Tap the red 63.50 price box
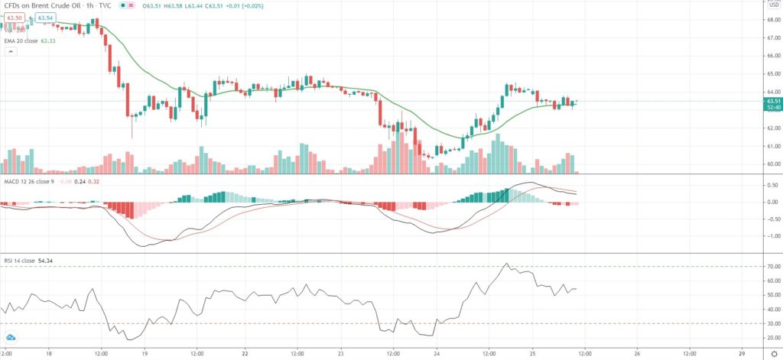14,17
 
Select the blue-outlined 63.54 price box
44,17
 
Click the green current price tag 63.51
772,101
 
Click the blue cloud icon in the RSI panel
11,337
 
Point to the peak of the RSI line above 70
505,264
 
